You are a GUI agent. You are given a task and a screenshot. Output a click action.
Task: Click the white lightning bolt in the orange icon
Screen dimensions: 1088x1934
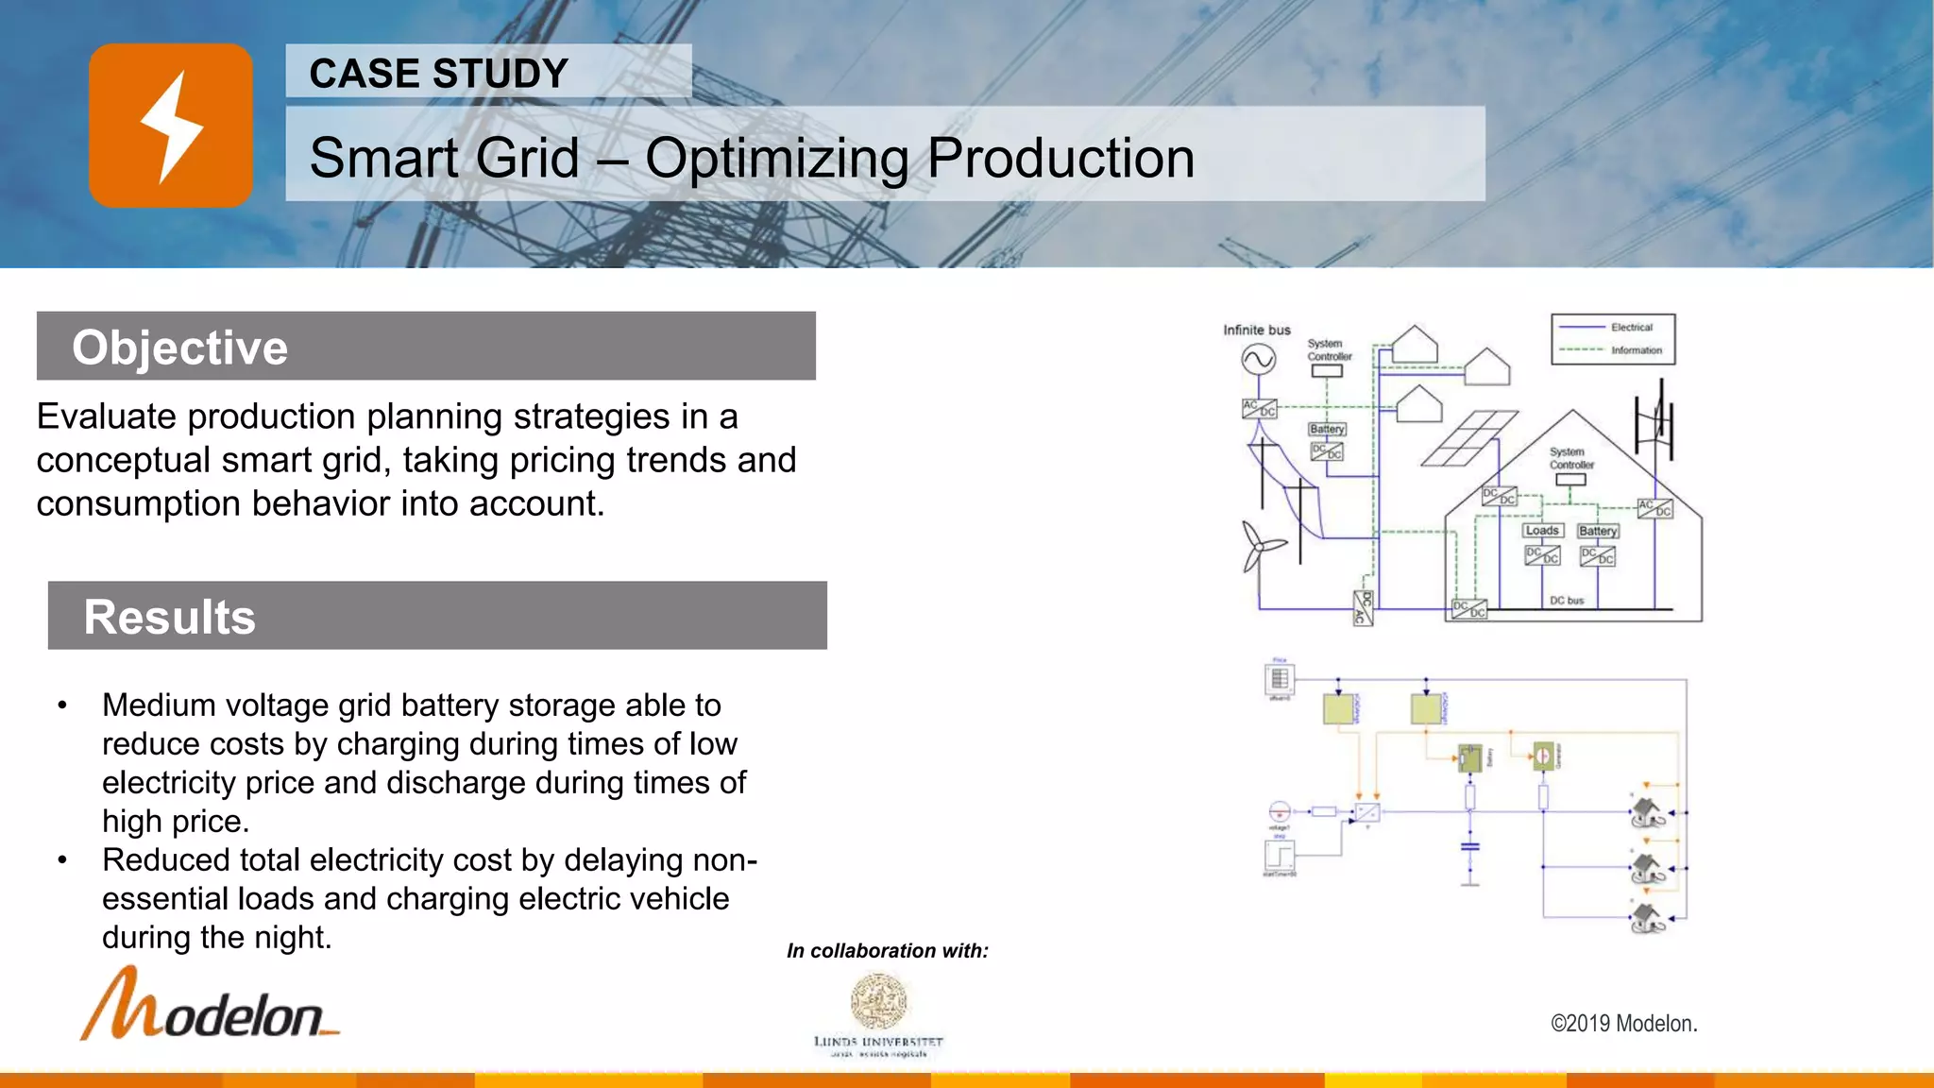(x=171, y=127)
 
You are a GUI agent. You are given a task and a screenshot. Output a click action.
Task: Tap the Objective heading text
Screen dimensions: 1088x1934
(x=179, y=348)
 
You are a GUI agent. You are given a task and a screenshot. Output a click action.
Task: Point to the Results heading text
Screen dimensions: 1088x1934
(x=170, y=617)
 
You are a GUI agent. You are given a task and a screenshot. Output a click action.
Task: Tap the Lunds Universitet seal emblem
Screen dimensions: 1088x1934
(x=878, y=1000)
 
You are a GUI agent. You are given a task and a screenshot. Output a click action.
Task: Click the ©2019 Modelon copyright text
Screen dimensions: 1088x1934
(x=1623, y=1024)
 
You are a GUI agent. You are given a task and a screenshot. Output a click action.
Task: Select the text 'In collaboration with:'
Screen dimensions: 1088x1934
(x=887, y=951)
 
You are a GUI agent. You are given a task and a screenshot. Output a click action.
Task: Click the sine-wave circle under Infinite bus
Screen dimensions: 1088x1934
(x=1258, y=359)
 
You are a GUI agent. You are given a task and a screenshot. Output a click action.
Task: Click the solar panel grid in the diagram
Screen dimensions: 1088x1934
(x=1469, y=438)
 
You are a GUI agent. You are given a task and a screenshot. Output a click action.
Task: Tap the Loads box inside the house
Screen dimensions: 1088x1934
(x=1542, y=531)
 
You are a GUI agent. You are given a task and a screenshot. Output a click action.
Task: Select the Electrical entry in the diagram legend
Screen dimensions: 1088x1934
(x=1631, y=328)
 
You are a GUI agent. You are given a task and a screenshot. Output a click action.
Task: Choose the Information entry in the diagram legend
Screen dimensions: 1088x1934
(x=1636, y=350)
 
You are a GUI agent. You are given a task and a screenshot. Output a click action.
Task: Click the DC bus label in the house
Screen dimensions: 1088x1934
(x=1567, y=601)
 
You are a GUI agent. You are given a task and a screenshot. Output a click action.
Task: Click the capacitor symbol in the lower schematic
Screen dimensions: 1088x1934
(x=1469, y=846)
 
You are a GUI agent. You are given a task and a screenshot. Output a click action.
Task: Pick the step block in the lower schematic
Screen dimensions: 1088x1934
(x=1280, y=857)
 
